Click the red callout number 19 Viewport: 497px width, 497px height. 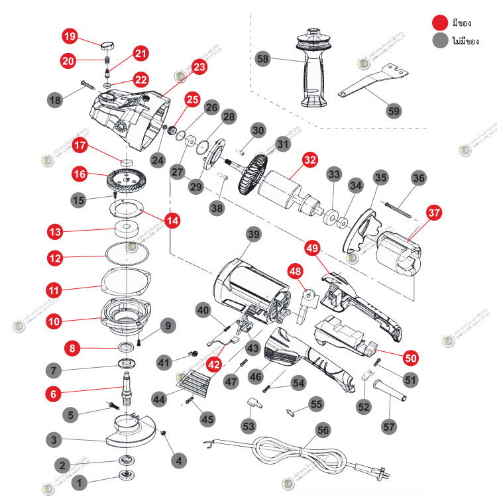tap(70, 35)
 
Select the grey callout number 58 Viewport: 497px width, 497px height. tap(263, 60)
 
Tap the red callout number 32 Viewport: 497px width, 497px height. tap(309, 160)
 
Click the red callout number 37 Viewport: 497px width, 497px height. tap(433, 213)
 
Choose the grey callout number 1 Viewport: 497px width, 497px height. tap(80, 483)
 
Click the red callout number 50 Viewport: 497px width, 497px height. tap(412, 357)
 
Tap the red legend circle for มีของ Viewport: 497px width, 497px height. tap(439, 23)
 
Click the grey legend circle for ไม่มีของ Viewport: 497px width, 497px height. tap(439, 41)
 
